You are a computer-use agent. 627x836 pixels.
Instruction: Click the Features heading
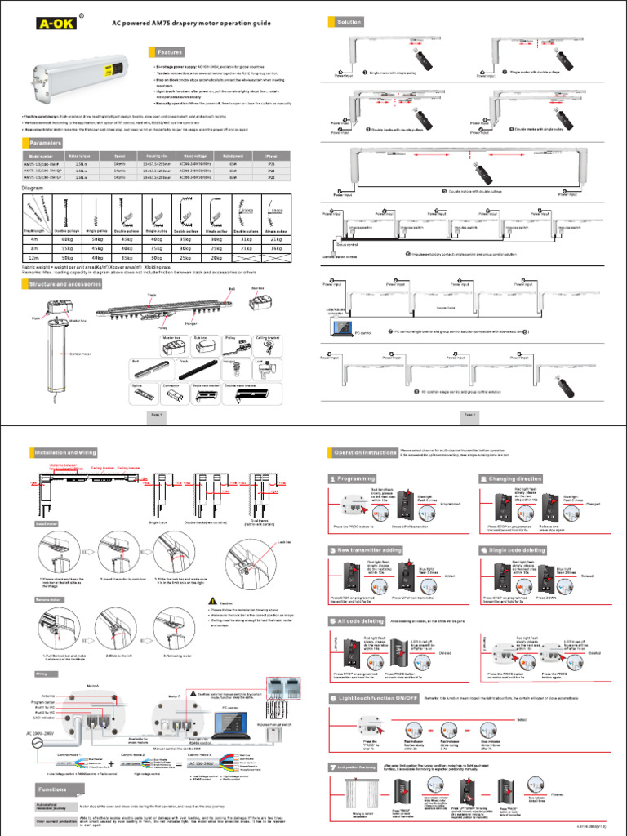(170, 51)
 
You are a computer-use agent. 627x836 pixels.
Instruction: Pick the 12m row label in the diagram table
(33, 258)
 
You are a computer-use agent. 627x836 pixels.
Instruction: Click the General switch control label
(340, 257)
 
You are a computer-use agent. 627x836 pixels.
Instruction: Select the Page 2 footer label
(470, 415)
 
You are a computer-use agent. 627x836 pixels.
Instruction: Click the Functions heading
(51, 790)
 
